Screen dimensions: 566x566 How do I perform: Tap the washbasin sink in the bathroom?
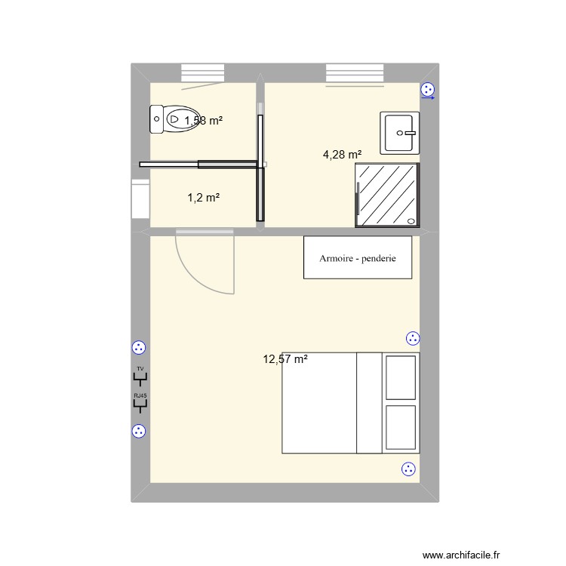point(400,133)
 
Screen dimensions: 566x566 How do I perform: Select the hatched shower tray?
point(387,195)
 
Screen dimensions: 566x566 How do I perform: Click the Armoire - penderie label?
point(358,258)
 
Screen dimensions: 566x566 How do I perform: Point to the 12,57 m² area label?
point(285,359)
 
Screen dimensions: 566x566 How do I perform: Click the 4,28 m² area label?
point(343,155)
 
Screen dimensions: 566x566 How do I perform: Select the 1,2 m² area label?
point(204,198)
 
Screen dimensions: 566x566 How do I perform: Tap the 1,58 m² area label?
point(204,120)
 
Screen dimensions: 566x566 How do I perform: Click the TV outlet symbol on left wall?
point(140,377)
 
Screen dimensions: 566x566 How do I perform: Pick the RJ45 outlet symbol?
point(140,403)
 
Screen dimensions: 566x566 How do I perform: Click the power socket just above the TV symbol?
point(138,348)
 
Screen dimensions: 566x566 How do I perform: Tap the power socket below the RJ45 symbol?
point(138,432)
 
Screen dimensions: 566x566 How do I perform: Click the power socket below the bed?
point(409,469)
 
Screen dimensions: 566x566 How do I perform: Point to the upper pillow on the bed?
point(400,377)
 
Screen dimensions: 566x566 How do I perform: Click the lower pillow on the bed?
point(400,427)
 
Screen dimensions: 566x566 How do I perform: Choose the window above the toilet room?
point(203,72)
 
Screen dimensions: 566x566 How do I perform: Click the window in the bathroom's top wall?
point(355,72)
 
